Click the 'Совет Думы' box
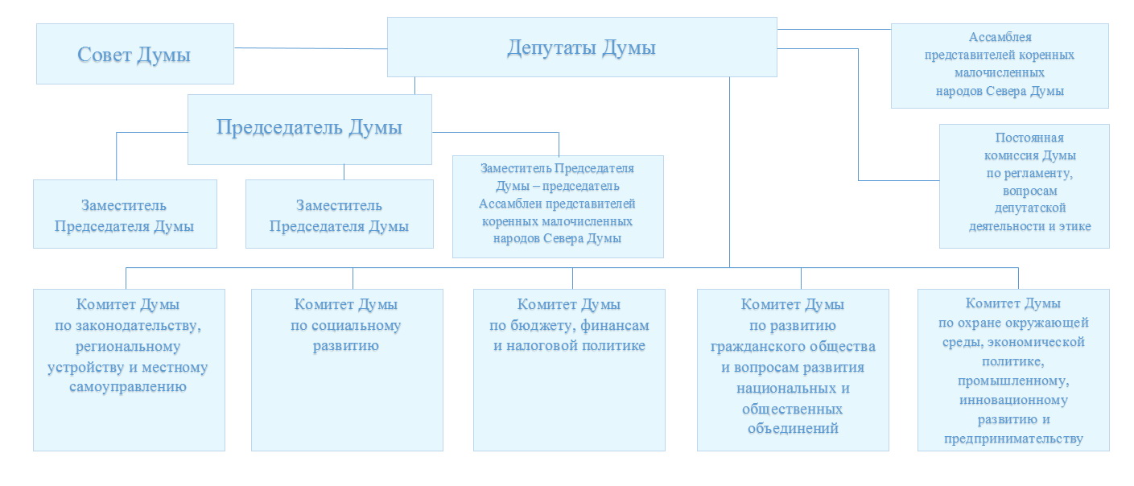pyautogui.click(x=134, y=54)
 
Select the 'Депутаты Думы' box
pyautogui.click(x=582, y=47)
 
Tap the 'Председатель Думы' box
pyautogui.click(x=309, y=128)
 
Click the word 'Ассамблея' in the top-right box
pyautogui.click(x=1000, y=37)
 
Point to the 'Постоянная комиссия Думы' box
pyautogui.click(x=1024, y=186)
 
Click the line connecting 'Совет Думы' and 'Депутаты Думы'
pyautogui.click(x=311, y=48)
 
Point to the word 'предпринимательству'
pyautogui.click(x=1013, y=439)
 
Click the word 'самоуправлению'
pyautogui.click(x=129, y=387)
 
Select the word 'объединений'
pyautogui.click(x=793, y=429)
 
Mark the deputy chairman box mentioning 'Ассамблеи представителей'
pyautogui.click(x=558, y=207)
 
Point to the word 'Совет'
pyautogui.click(x=105, y=55)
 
